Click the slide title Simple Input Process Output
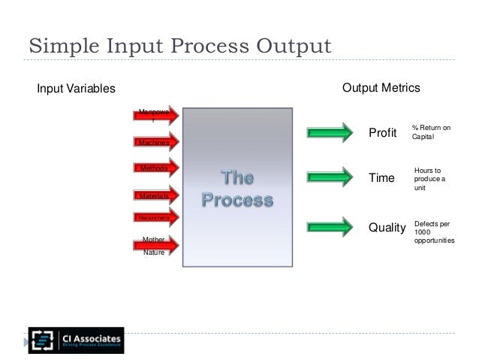[x=179, y=47]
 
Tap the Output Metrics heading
[x=381, y=89]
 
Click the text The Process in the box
[x=237, y=189]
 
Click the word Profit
[x=383, y=134]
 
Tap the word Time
[x=381, y=179]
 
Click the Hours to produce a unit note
[x=429, y=180]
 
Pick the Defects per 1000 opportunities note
[x=433, y=233]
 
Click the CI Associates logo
[x=76, y=340]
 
